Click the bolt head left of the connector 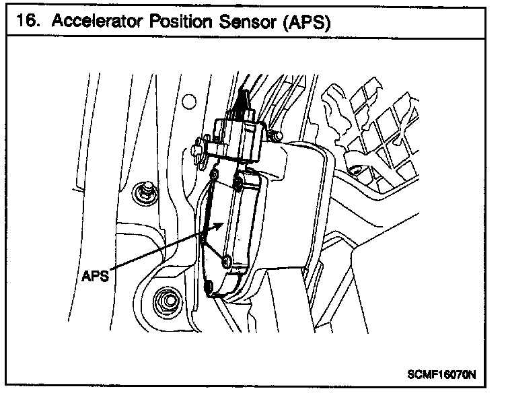pos(199,150)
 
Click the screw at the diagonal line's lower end pos(227,260)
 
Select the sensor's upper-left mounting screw pos(215,176)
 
